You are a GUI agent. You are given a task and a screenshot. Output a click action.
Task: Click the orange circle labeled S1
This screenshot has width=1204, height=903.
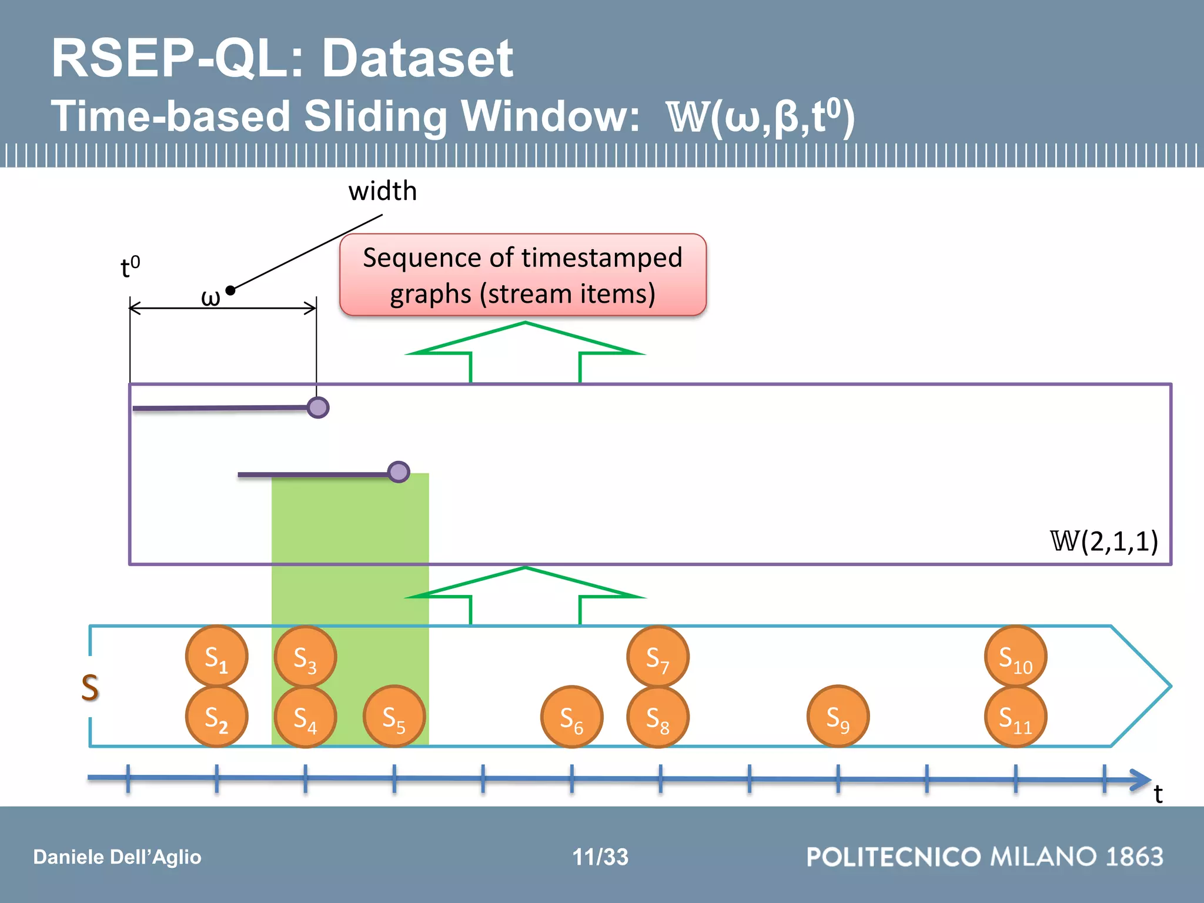tap(216, 656)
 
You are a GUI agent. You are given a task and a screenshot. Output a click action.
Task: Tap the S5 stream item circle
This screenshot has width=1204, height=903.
tap(394, 717)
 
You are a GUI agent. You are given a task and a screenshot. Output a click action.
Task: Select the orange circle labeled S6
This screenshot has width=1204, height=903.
tap(571, 717)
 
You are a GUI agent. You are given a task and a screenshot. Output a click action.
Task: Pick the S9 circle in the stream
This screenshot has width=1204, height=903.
tap(838, 717)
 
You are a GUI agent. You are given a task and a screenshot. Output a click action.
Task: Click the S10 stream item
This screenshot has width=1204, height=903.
tap(1015, 656)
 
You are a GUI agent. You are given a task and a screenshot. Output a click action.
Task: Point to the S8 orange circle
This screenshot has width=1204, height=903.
tap(658, 717)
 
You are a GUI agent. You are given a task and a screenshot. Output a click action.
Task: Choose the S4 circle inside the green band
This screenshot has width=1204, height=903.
tap(305, 717)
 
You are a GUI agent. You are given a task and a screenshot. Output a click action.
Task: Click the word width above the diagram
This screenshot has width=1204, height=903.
tap(382, 191)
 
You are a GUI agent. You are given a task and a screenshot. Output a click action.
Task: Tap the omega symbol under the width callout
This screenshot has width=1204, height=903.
tap(210, 297)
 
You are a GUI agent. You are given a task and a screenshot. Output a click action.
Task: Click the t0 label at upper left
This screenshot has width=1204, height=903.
tap(130, 267)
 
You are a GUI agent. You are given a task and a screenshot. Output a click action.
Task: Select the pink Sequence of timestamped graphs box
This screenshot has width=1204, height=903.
tap(523, 275)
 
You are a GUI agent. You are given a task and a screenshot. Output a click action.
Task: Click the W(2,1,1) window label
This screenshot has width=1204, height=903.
tap(1104, 541)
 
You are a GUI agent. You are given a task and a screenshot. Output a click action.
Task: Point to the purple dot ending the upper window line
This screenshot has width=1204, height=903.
tap(318, 407)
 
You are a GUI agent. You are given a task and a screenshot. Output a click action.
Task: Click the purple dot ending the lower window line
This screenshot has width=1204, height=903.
tap(399, 471)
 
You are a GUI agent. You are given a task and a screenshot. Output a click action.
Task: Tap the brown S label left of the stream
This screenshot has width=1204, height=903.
tap(90, 687)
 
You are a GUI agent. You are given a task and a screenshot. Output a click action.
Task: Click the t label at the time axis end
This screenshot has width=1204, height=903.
tap(1158, 794)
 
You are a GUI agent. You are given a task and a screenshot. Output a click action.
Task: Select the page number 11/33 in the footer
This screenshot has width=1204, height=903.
tap(600, 857)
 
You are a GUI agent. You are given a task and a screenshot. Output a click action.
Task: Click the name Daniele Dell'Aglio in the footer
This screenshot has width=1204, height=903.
tap(117, 857)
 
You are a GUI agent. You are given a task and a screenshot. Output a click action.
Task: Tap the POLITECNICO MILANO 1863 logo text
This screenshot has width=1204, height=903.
tap(985, 857)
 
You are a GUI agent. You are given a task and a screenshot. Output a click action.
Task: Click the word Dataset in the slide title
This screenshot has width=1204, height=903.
tap(417, 58)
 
